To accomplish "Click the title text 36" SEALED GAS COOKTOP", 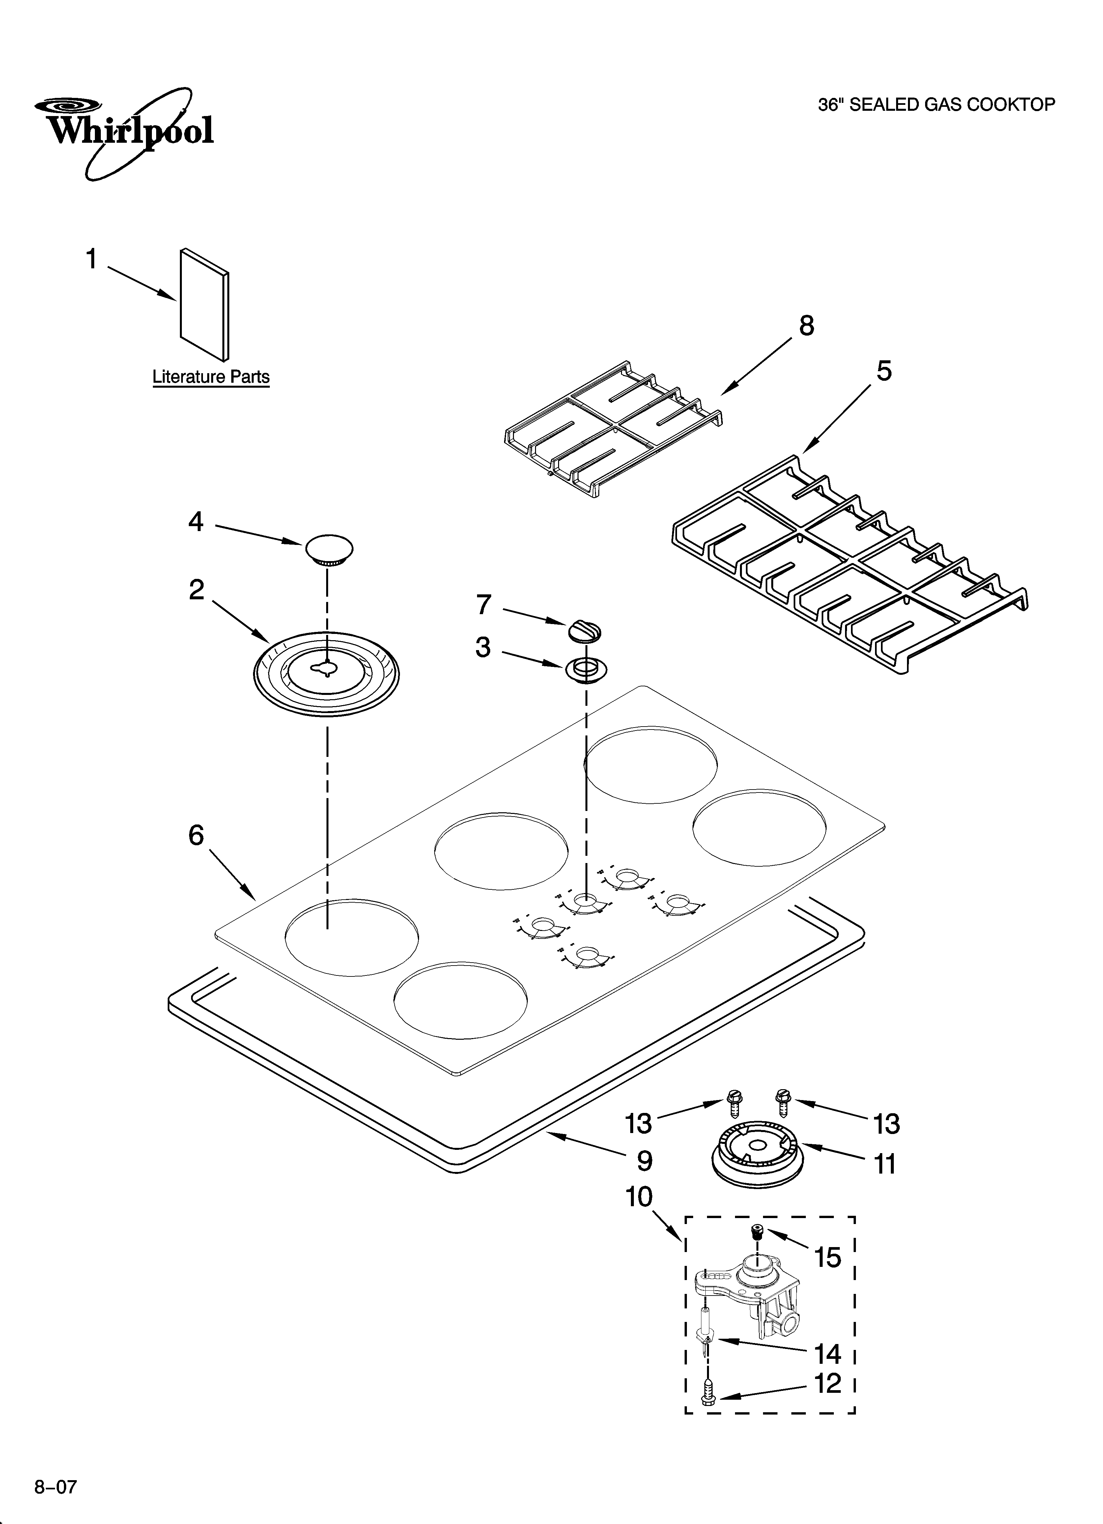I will point(936,105).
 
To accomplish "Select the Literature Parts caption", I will point(211,377).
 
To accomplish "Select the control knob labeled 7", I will point(584,631).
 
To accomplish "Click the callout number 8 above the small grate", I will point(806,326).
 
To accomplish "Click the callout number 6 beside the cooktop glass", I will point(195,835).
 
